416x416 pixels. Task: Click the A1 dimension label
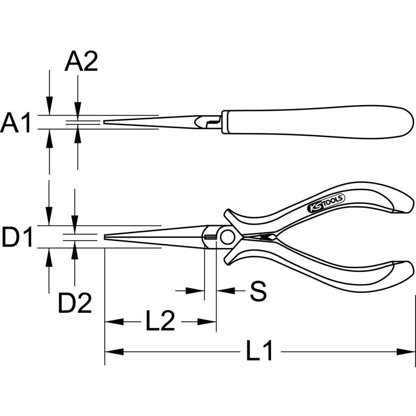coord(16,123)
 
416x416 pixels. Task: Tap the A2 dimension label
coord(81,61)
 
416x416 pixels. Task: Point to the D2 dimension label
coord(75,303)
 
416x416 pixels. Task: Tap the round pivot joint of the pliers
coord(227,237)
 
